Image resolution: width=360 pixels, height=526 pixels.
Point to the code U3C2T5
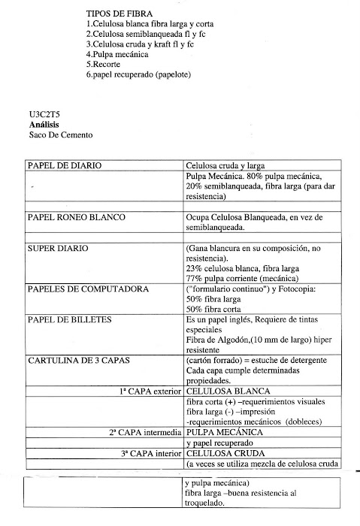tap(41, 115)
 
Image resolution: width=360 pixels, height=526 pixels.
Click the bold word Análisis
tap(42, 125)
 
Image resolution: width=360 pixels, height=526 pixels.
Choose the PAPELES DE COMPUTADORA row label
tap(88, 289)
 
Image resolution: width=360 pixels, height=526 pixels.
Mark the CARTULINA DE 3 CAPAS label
tap(78, 361)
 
